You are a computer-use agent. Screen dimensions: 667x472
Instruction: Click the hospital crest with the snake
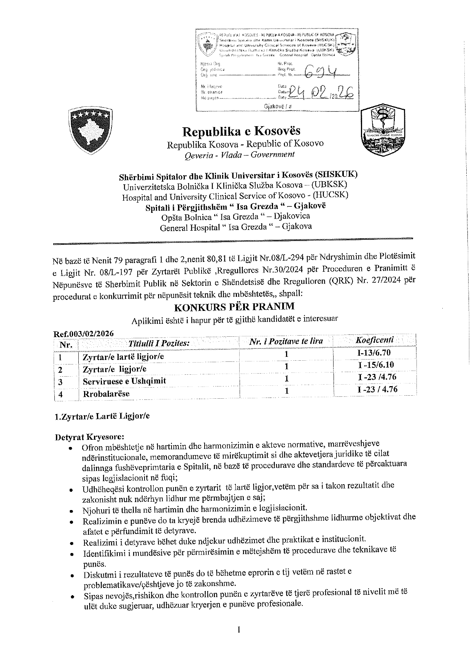(383, 131)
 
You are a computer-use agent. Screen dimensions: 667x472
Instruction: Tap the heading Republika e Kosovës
(242, 131)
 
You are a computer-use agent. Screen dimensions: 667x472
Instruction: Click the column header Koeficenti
(374, 340)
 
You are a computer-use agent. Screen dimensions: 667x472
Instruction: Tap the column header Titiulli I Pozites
(159, 343)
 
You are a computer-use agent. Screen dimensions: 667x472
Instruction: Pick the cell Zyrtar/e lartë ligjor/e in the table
(124, 357)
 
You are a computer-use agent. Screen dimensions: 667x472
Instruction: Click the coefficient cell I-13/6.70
(374, 353)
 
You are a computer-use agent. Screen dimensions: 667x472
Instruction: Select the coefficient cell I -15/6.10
(376, 365)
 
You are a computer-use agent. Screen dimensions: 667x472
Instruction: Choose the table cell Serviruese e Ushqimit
(124, 381)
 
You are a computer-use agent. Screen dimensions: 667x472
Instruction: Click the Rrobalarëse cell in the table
(106, 394)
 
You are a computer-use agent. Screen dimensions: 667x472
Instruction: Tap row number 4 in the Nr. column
(60, 394)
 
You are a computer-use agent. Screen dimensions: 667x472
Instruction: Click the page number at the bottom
(238, 630)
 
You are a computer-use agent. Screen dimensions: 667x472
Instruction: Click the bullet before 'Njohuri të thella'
(72, 511)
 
